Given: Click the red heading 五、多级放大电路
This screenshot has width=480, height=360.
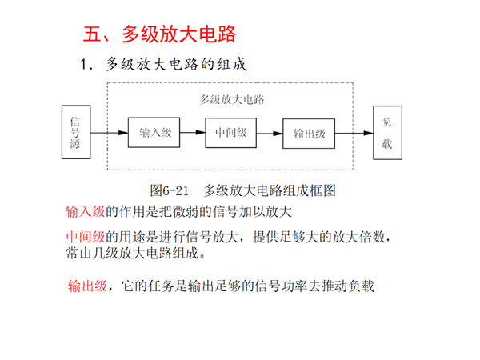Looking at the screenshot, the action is (159, 34).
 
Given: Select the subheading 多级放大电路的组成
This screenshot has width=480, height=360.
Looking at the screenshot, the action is (176, 64).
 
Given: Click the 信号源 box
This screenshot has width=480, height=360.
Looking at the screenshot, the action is (76, 132).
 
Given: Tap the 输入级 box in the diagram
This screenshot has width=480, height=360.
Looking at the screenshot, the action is (154, 133).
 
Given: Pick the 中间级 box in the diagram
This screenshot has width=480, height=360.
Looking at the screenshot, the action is (231, 133).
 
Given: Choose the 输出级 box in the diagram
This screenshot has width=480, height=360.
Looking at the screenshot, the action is (309, 134).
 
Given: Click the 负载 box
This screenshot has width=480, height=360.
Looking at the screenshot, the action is (387, 133).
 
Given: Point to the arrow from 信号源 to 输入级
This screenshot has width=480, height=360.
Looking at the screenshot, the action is (110, 133).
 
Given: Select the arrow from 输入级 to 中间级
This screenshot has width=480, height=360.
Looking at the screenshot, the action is (193, 133).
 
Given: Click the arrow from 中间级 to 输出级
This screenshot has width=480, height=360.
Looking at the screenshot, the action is (270, 134).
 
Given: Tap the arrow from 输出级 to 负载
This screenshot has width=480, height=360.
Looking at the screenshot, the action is (354, 133).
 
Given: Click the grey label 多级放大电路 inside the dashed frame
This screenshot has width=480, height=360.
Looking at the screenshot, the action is (232, 99).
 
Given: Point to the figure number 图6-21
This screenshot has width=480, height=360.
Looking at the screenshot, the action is (169, 190).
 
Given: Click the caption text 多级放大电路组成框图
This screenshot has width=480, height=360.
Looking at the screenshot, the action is (270, 190).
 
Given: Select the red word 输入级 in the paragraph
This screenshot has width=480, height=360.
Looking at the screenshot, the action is (85, 211).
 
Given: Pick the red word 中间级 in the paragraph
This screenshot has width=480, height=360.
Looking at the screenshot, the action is (86, 237).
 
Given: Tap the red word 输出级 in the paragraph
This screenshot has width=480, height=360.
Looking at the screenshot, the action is (87, 286).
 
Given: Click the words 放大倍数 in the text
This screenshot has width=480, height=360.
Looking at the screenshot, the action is (358, 237).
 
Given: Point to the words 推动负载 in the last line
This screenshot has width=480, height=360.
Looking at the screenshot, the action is (348, 286).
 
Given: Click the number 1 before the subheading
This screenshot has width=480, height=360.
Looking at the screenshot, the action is (83, 65).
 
